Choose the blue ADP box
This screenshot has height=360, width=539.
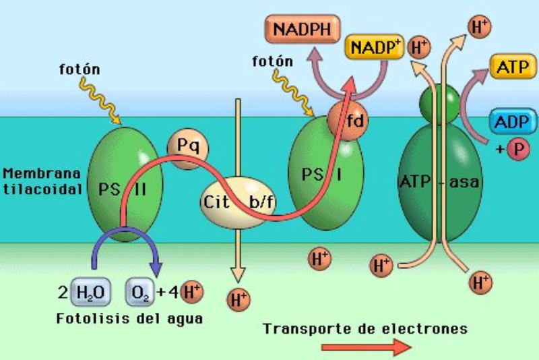click(x=510, y=122)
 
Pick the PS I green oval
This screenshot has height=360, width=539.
click(x=323, y=179)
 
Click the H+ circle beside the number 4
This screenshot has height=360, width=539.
click(x=191, y=292)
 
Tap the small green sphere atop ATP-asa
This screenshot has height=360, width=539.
click(x=439, y=104)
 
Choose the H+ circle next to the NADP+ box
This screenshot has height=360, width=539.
click(x=420, y=47)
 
